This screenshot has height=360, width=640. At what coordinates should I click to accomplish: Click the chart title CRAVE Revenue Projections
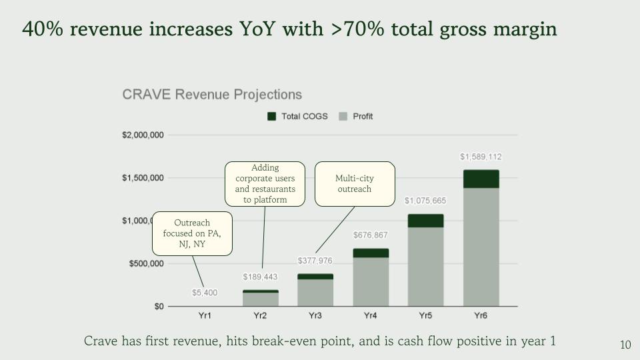212,95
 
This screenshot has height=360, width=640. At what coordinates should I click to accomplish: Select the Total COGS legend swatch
271,116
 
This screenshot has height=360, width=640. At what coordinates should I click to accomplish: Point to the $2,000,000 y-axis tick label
143,135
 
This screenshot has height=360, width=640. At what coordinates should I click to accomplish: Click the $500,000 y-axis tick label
147,263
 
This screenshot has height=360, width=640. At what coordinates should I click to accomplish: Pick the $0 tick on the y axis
159,306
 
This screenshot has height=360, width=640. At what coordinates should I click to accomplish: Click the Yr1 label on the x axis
205,315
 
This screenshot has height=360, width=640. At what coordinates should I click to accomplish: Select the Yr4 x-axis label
370,315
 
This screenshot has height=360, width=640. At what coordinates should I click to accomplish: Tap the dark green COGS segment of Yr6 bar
481,179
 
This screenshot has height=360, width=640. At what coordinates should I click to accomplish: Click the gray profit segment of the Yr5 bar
425,267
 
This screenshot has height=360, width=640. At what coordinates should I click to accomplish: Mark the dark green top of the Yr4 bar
370,253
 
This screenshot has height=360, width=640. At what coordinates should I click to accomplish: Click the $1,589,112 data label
481,157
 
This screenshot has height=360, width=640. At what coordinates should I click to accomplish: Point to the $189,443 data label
260,277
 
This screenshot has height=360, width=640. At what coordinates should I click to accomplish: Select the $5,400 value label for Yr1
205,293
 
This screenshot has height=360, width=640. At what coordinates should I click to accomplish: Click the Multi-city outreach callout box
355,183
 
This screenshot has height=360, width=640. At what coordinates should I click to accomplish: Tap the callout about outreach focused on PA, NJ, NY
192,233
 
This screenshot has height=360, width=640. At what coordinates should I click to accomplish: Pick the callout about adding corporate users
265,183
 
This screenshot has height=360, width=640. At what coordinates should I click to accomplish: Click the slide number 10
625,345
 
